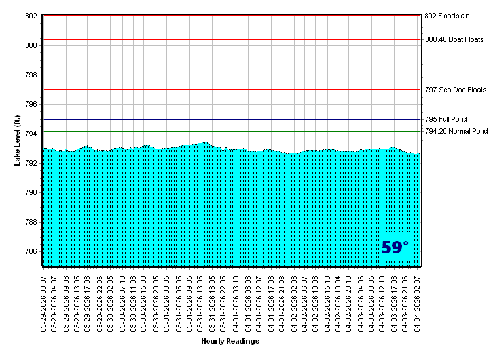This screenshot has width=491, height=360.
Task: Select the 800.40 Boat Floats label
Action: [x=454, y=39]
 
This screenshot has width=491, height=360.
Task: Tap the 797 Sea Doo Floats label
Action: [x=456, y=90]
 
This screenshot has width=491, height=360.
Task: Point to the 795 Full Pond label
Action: [x=446, y=119]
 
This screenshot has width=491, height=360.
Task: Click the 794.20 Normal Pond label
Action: [x=456, y=131]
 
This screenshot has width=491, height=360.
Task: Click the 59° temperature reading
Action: [x=395, y=247]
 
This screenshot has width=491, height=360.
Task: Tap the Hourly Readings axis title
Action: [x=230, y=341]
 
